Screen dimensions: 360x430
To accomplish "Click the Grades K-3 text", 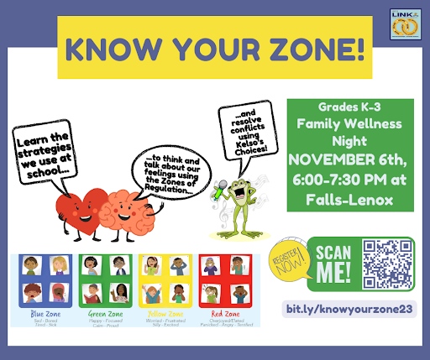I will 349,108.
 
